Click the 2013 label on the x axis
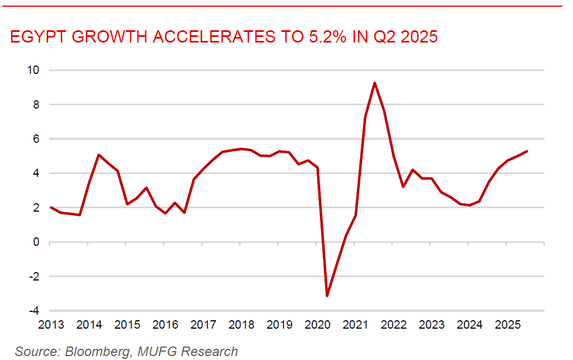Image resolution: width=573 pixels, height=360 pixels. click(50, 325)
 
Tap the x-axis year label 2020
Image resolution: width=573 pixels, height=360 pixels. click(317, 325)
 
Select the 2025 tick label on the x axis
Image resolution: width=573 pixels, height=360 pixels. click(507, 325)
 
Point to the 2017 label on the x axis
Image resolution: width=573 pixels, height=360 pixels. click(203, 325)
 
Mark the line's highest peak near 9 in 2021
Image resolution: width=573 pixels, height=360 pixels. click(374, 83)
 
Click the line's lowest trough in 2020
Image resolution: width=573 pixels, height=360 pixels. click(327, 296)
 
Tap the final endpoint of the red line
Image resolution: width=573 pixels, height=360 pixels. click(527, 151)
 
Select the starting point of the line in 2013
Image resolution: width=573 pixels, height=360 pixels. click(50, 207)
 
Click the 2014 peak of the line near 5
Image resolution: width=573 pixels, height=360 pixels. click(98, 155)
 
